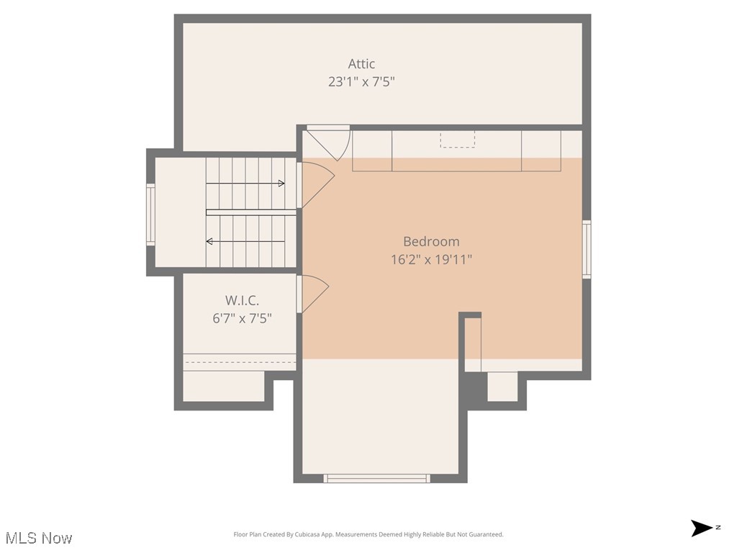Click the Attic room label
point(361,64)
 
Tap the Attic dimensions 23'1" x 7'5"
point(361,82)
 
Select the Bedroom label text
point(430,242)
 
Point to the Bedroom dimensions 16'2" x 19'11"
point(430,260)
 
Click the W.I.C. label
point(242,300)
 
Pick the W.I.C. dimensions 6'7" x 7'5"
point(242,318)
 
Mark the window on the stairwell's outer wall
point(151,215)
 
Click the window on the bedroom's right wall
point(587,249)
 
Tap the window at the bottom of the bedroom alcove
point(376,478)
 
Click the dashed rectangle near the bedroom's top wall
point(458,139)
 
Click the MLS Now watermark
point(39,538)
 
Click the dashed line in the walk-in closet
point(240,362)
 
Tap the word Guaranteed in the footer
point(486,534)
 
